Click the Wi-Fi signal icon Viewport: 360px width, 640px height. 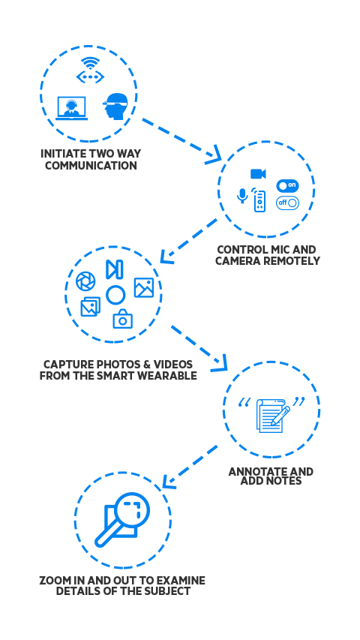90,63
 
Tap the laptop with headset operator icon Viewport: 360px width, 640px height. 71,108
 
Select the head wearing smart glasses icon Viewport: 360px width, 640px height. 115,107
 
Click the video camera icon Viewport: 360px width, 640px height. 258,174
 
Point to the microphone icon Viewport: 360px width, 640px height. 242,196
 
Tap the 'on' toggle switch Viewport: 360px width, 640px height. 287,186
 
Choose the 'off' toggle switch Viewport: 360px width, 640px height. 287,203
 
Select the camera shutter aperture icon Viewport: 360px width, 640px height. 85,281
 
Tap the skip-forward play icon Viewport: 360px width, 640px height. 114,269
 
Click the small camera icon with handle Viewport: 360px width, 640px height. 123,319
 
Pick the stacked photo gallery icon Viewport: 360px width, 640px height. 90,307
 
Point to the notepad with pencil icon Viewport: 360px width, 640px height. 271,416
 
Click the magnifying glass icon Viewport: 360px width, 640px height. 122,519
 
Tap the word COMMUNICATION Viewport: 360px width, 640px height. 91,166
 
